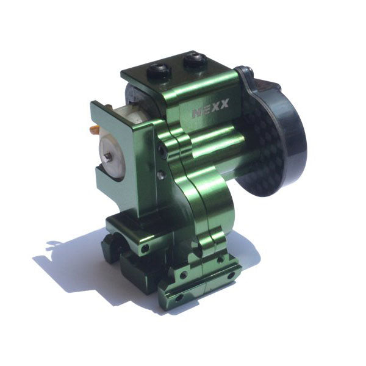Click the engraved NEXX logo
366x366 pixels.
[210, 108]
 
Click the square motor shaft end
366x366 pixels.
[108, 157]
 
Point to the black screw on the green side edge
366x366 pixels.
[162, 149]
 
